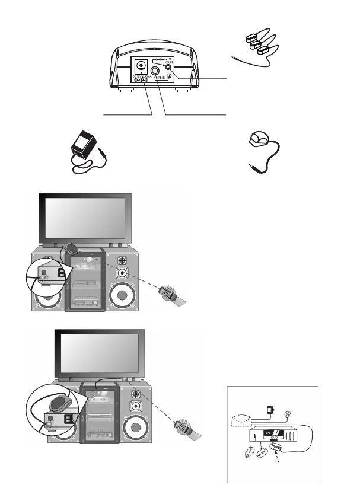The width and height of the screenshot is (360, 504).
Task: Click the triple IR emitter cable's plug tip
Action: (x=233, y=56)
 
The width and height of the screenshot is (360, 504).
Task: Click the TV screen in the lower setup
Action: (x=101, y=352)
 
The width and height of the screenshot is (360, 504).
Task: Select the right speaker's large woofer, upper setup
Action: (x=123, y=296)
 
